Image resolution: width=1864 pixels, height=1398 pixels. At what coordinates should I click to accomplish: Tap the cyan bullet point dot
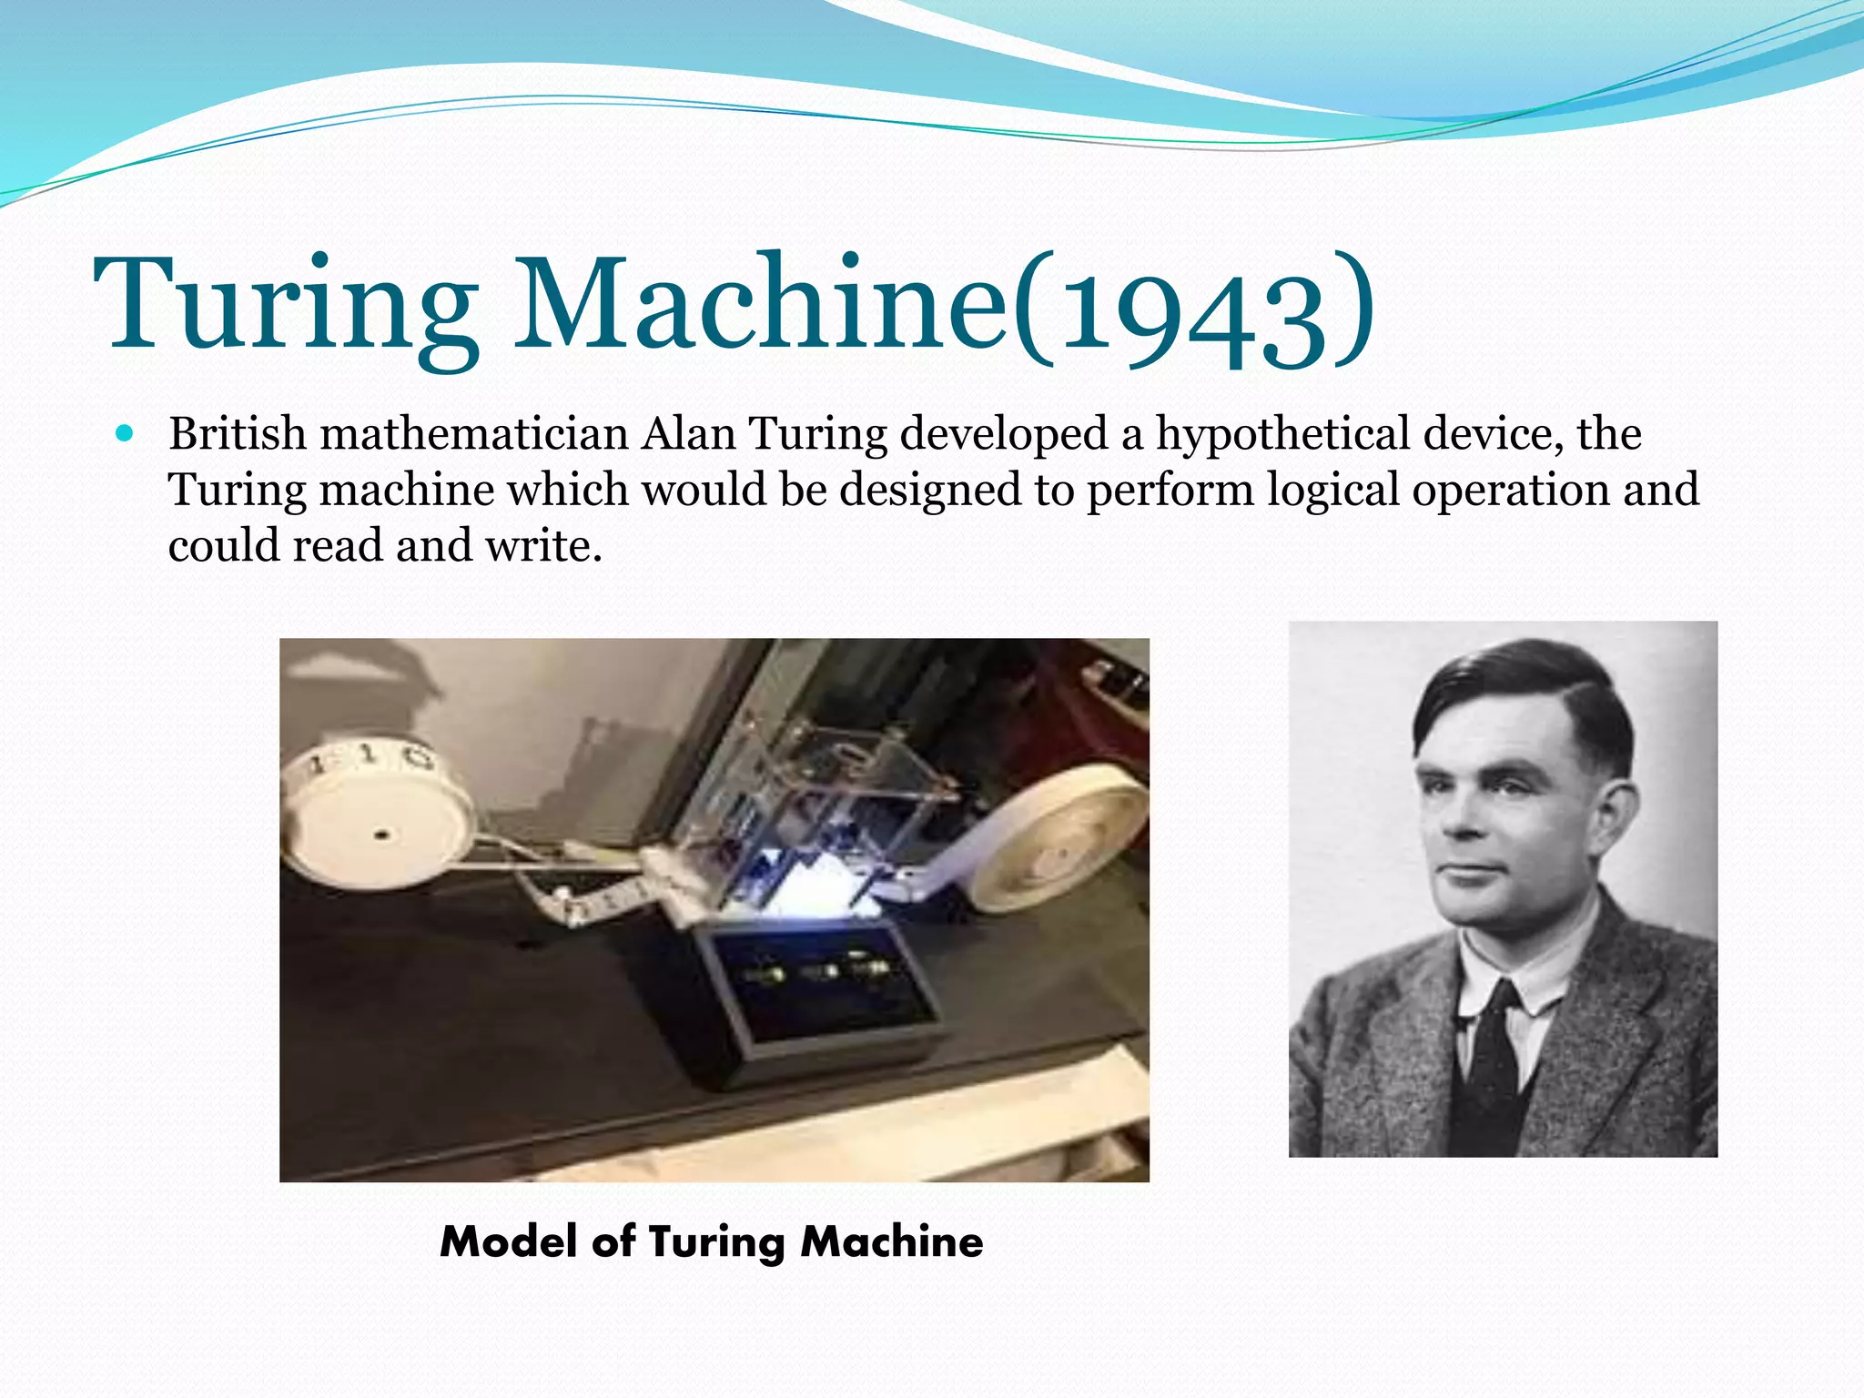point(126,433)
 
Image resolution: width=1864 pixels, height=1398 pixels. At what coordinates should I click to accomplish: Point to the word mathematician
point(474,433)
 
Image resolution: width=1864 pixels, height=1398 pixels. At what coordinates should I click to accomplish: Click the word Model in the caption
point(509,1241)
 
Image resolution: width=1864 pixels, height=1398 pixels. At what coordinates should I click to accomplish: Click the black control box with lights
point(819,992)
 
